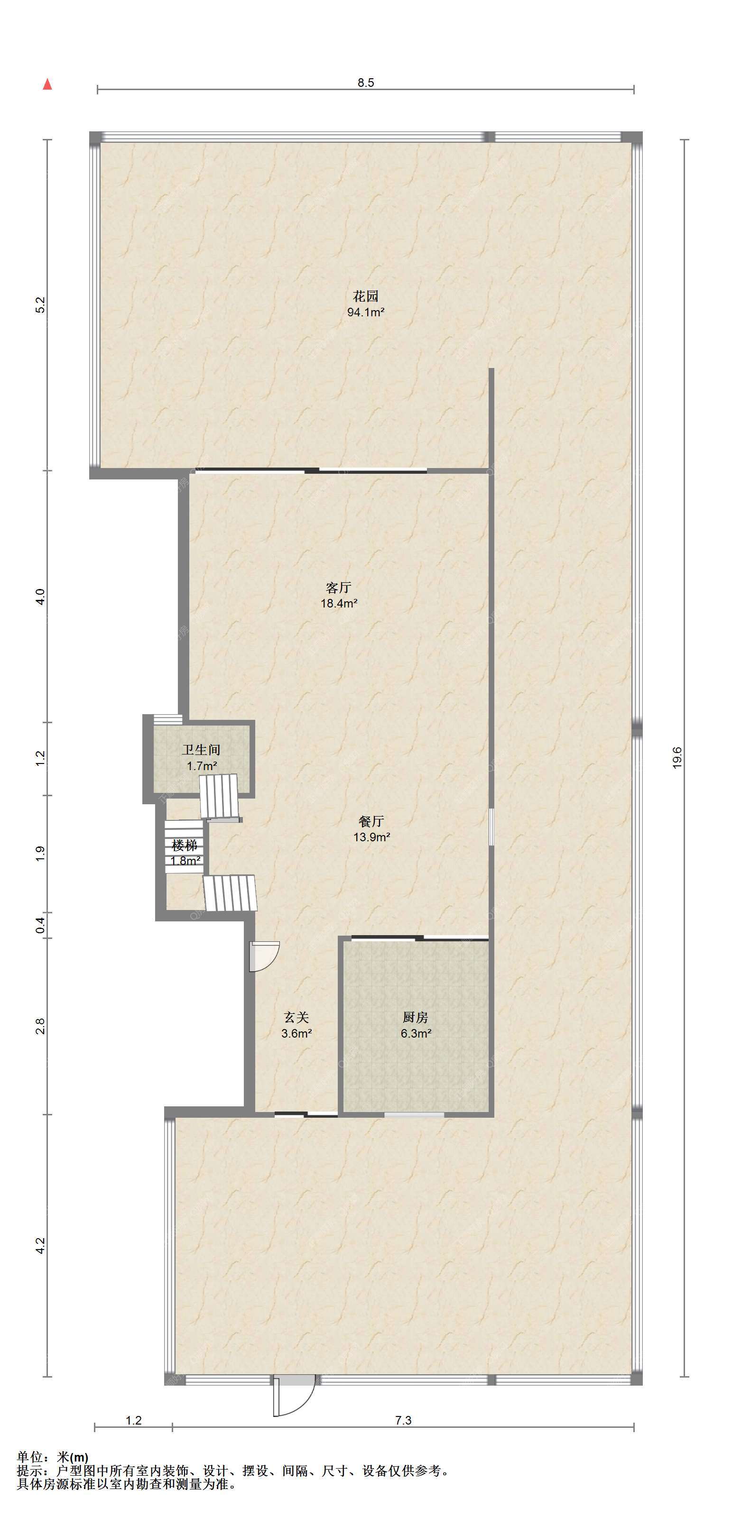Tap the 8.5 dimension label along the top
[366, 83]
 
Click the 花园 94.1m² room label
[366, 304]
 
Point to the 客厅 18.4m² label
[339, 595]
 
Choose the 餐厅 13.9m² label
[371, 828]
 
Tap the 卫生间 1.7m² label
[202, 757]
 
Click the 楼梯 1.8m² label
[185, 853]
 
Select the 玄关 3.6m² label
[296, 1025]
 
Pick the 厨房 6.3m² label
[416, 1025]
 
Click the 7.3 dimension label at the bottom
[403, 1420]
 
